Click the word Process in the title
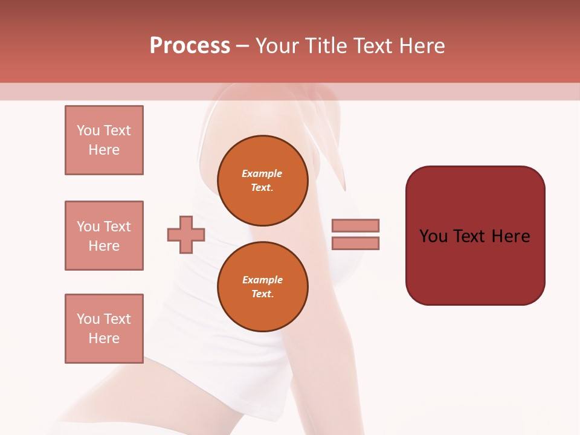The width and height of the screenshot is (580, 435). tap(190, 46)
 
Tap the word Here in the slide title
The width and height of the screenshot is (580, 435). tap(422, 46)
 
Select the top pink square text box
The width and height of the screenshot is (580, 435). tap(104, 140)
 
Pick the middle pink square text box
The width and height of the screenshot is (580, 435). tap(104, 236)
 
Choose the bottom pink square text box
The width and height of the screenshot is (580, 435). tap(104, 329)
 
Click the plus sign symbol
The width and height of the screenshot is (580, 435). tap(186, 234)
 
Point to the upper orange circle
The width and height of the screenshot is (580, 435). tap(262, 180)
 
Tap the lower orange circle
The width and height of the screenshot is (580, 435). tap(262, 286)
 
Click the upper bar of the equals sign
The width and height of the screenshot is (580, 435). tap(355, 225)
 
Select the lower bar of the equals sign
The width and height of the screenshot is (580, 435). tap(355, 243)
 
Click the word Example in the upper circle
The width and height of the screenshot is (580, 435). tap(262, 173)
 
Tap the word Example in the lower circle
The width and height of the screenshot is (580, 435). tap(262, 280)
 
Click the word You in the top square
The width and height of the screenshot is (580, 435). tap(88, 130)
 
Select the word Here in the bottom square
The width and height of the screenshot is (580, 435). tap(104, 338)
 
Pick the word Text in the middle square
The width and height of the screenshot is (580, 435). tap(117, 227)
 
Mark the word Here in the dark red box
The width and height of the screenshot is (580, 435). tap(511, 236)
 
